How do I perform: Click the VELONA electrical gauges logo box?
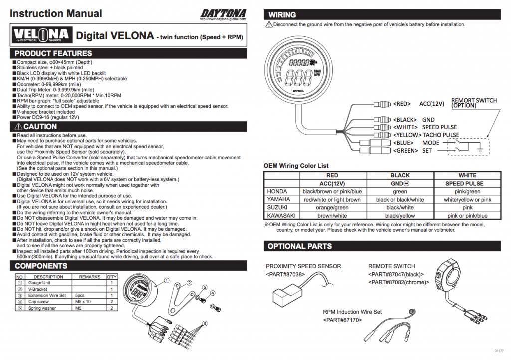tap(41, 35)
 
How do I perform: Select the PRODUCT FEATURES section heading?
tap(53, 53)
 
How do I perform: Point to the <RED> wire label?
tap(402, 104)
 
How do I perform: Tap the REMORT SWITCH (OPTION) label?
tap(474, 103)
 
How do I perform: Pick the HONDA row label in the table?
tap(277, 191)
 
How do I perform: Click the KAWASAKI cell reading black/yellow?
tap(400, 216)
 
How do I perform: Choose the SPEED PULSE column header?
tap(467, 183)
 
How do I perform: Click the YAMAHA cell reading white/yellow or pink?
tap(467, 199)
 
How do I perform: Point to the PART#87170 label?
tap(342, 319)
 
